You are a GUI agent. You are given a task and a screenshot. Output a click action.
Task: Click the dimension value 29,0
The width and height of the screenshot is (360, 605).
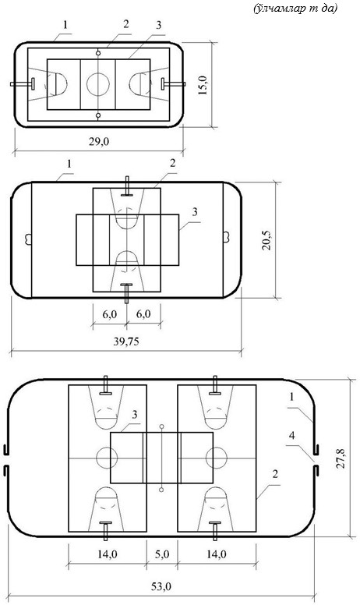coord(99,142)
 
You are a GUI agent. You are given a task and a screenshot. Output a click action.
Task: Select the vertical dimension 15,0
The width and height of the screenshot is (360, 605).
coord(203,84)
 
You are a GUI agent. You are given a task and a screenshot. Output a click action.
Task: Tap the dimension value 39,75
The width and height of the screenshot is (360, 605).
coord(126,341)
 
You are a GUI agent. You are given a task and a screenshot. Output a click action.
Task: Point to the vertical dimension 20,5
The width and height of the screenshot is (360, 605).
coord(266,240)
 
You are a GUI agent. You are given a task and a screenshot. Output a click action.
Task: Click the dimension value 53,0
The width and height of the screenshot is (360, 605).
coord(161,587)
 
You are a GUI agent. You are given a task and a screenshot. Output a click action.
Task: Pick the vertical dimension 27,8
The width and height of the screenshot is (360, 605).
coord(341,458)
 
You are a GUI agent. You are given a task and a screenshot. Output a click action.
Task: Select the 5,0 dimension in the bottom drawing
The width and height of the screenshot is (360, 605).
coord(161,554)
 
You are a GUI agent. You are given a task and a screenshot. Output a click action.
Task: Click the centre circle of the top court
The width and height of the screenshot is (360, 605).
coord(98,84)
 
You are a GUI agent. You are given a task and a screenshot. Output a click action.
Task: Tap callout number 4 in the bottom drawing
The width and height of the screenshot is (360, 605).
coord(291,436)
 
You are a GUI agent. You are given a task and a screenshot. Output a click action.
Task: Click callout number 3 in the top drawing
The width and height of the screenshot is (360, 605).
coord(158,26)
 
